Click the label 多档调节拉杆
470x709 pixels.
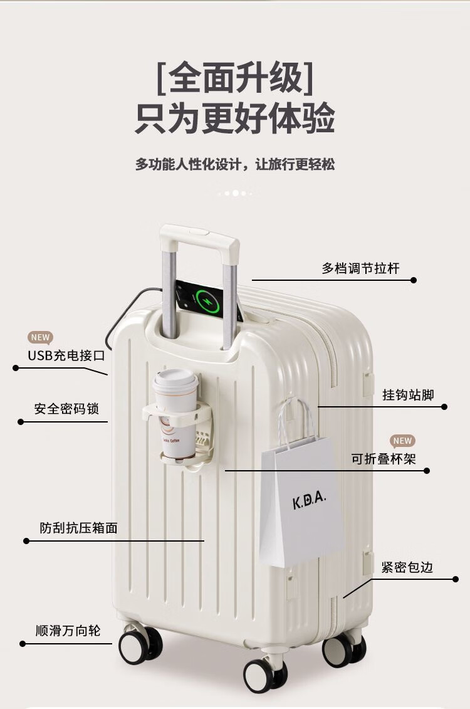tap(360, 268)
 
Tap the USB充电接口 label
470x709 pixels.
tap(66, 355)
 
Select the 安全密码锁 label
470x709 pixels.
tap(66, 409)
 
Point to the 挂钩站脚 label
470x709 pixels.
tap(408, 395)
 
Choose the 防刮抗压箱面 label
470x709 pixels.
tap(79, 528)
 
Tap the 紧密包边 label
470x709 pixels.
tap(407, 567)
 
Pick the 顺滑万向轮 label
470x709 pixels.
tap(68, 631)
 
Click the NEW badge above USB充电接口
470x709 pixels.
tap(40, 337)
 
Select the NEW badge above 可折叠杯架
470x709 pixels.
tap(402, 441)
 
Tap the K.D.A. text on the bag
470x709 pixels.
tap(310, 501)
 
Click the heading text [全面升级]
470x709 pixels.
tap(235, 77)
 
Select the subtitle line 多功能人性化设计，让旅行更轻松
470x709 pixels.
tap(235, 164)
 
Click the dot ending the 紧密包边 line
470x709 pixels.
tap(456, 579)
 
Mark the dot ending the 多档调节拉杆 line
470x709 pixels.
tap(414, 280)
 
